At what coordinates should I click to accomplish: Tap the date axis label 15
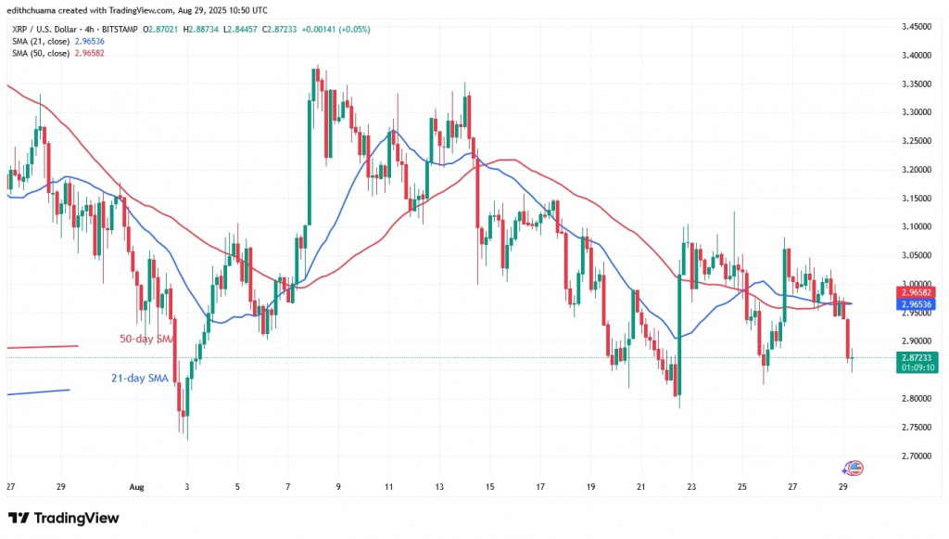[489, 487]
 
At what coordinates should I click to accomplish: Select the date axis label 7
[288, 487]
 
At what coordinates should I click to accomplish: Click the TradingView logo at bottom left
[65, 517]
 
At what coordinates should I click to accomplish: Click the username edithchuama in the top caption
[41, 9]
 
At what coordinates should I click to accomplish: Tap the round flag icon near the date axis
[854, 467]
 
